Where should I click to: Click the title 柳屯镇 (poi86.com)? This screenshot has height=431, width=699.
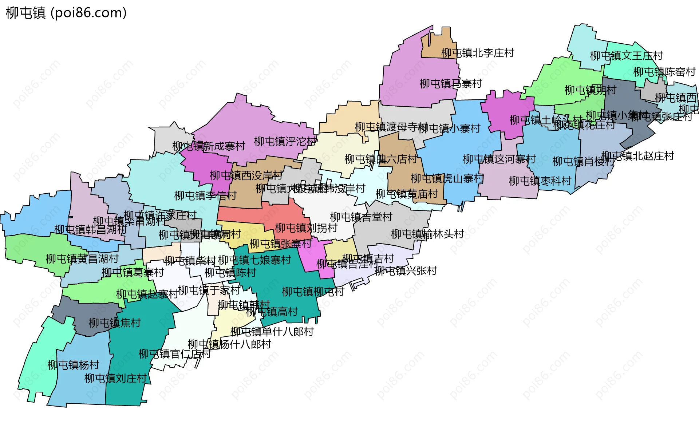pos(66,13)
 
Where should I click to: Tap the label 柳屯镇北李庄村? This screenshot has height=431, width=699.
pos(477,53)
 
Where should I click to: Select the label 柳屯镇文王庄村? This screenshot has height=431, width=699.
pos(626,56)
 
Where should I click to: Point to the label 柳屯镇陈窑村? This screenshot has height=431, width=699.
pos(664,72)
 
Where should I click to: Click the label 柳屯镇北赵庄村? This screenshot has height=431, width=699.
pos(637,156)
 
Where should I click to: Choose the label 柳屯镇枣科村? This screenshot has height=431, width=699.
pos(540,181)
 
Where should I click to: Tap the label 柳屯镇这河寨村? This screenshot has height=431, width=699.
pos(499,159)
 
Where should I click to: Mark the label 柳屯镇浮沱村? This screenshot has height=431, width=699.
pos(285,141)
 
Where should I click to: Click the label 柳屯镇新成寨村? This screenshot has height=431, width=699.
pos(209,146)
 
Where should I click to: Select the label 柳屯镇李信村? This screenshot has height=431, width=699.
pos(205,196)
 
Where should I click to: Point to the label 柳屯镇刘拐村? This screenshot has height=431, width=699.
pos(306,228)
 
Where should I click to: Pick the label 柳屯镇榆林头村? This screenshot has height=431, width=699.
pos(427,234)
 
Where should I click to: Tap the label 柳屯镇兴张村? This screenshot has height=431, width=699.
pos(406,271)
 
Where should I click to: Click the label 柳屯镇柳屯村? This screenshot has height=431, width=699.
pos(313,292)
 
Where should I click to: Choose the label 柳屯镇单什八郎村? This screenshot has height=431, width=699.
pos(272,332)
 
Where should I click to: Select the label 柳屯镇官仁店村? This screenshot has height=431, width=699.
pos(175,354)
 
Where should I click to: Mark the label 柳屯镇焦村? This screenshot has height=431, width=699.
pos(115,323)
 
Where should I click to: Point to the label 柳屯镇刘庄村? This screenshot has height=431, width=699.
pos(115,379)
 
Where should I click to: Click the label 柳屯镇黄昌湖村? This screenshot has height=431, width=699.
pos(82,259)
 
